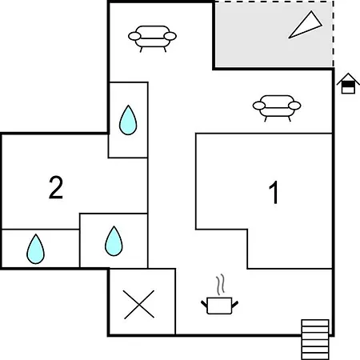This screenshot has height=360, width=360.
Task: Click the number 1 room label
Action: click(274, 192)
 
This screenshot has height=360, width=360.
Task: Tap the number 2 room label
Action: click(56, 187)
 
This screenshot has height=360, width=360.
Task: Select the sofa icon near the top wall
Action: click(152, 38)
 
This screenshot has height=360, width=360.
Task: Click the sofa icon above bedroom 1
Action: click(277, 108)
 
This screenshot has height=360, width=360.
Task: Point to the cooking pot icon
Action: click(219, 306)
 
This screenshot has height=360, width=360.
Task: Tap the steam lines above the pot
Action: click(221, 285)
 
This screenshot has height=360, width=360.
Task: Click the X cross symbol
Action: click(139, 304)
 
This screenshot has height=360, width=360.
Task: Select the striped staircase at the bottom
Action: click(315, 339)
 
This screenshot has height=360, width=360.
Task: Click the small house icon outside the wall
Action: click(348, 83)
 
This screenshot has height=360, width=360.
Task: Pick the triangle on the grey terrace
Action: click(306, 26)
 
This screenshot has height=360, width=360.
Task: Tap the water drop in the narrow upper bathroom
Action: click(128, 120)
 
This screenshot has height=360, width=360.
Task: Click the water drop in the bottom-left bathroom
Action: click(35, 249)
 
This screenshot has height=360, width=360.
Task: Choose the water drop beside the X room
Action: click(114, 242)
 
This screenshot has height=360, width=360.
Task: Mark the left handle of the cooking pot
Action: click(204, 304)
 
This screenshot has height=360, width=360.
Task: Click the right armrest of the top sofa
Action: click(170, 36)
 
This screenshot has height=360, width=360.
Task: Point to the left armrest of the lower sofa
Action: click(259, 106)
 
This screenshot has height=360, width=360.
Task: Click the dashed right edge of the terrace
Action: click(333, 34)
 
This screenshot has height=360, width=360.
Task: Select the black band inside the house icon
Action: click(348, 85)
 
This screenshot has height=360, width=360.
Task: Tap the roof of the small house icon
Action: click(348, 78)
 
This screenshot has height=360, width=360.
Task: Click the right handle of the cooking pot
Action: click(235, 304)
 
